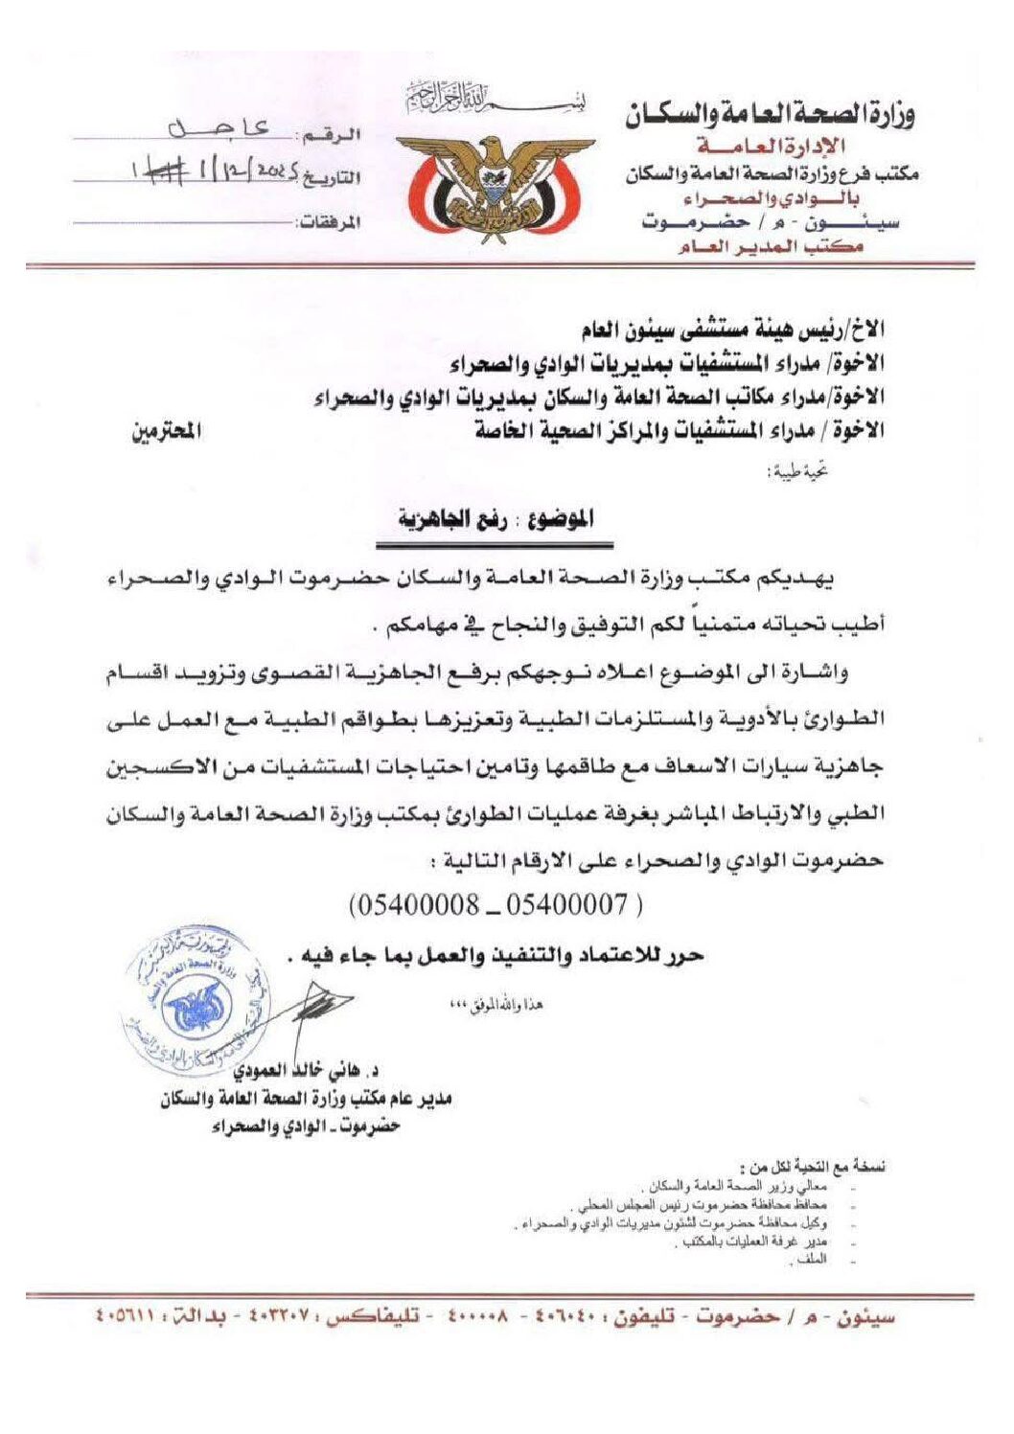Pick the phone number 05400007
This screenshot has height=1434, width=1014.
[x=566, y=903]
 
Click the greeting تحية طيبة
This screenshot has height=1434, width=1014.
[x=800, y=470]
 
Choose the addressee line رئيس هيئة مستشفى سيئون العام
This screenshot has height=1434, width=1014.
[x=732, y=330]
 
